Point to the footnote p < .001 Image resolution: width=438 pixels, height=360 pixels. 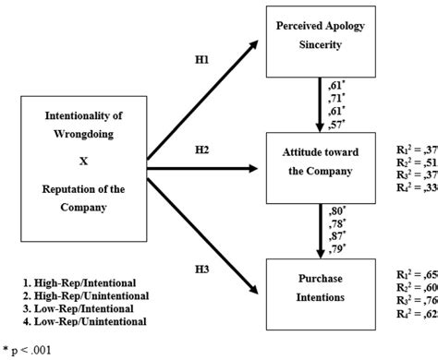tap(33, 350)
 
